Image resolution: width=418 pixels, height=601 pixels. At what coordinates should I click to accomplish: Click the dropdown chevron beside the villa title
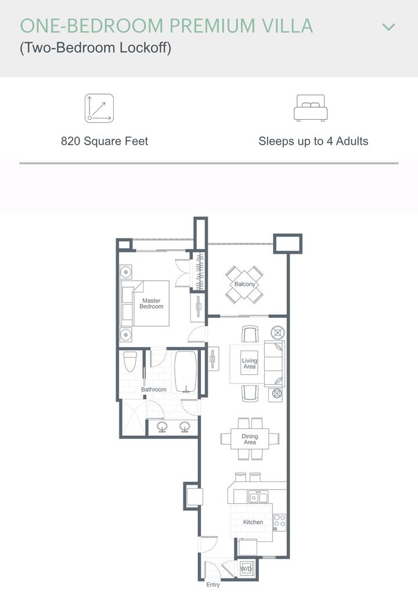coord(388,27)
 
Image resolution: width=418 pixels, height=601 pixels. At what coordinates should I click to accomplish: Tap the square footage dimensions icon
coord(99,108)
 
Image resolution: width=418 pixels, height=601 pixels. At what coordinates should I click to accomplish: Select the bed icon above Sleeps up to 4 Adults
coord(311,108)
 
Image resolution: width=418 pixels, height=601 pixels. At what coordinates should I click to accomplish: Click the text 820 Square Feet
coord(105,141)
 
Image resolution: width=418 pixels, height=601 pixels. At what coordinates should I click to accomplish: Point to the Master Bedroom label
coord(151,303)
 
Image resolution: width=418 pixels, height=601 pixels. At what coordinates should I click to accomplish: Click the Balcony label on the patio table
coord(244,284)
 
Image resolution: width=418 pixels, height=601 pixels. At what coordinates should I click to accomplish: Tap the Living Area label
coord(250,363)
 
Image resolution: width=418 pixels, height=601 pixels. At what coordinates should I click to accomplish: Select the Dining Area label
coord(250,439)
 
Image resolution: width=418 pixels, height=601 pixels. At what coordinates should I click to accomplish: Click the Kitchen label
coord(253,522)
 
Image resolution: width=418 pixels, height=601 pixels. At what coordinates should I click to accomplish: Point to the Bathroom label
coord(153,389)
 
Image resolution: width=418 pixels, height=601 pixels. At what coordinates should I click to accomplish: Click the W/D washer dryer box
coord(246,569)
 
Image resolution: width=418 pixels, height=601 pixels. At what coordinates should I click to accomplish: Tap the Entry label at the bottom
coord(213,585)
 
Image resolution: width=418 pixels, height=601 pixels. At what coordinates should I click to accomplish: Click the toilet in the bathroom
coord(130,362)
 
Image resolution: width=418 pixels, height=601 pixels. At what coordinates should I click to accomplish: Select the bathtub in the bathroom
coord(186,372)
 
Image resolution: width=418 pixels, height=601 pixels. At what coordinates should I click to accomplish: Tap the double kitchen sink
coord(258,497)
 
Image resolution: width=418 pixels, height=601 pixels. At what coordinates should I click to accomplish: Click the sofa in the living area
coord(274,363)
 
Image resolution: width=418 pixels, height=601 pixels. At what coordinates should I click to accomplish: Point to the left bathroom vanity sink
coord(162,427)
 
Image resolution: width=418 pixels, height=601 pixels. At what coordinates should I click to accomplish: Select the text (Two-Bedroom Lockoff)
coord(95,48)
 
